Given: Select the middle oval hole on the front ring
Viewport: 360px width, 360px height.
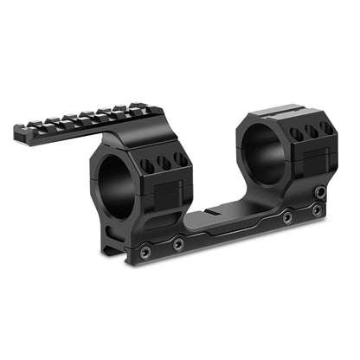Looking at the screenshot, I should tap(161, 161).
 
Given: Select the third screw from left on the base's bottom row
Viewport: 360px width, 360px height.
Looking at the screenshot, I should tap(286, 218).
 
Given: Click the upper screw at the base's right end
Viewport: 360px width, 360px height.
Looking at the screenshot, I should tap(320, 192).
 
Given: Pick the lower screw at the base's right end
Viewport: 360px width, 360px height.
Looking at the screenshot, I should tap(318, 210).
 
